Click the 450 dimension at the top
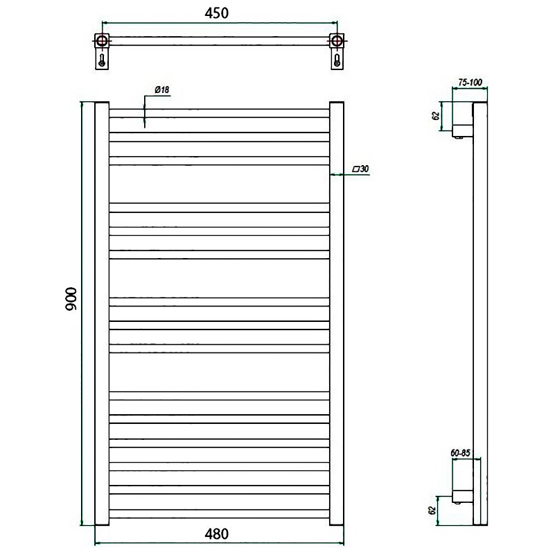[x=217, y=13]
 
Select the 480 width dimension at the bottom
[x=217, y=533]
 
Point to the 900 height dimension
[x=71, y=299]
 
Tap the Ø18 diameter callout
[x=162, y=89]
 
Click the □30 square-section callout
[x=361, y=169]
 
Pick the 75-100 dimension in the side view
[x=470, y=83]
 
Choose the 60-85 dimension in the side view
[x=460, y=453]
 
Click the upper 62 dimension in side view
[x=436, y=116]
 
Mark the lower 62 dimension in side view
[x=432, y=511]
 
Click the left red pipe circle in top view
[x=102, y=40]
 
